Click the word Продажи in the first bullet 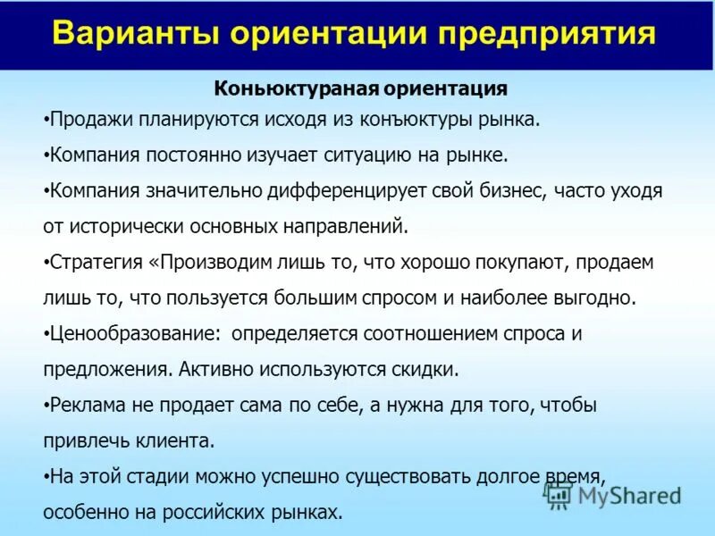coord(82,119)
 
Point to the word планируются coord(188,119)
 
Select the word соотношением coord(421,334)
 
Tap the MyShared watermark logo coord(614,495)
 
